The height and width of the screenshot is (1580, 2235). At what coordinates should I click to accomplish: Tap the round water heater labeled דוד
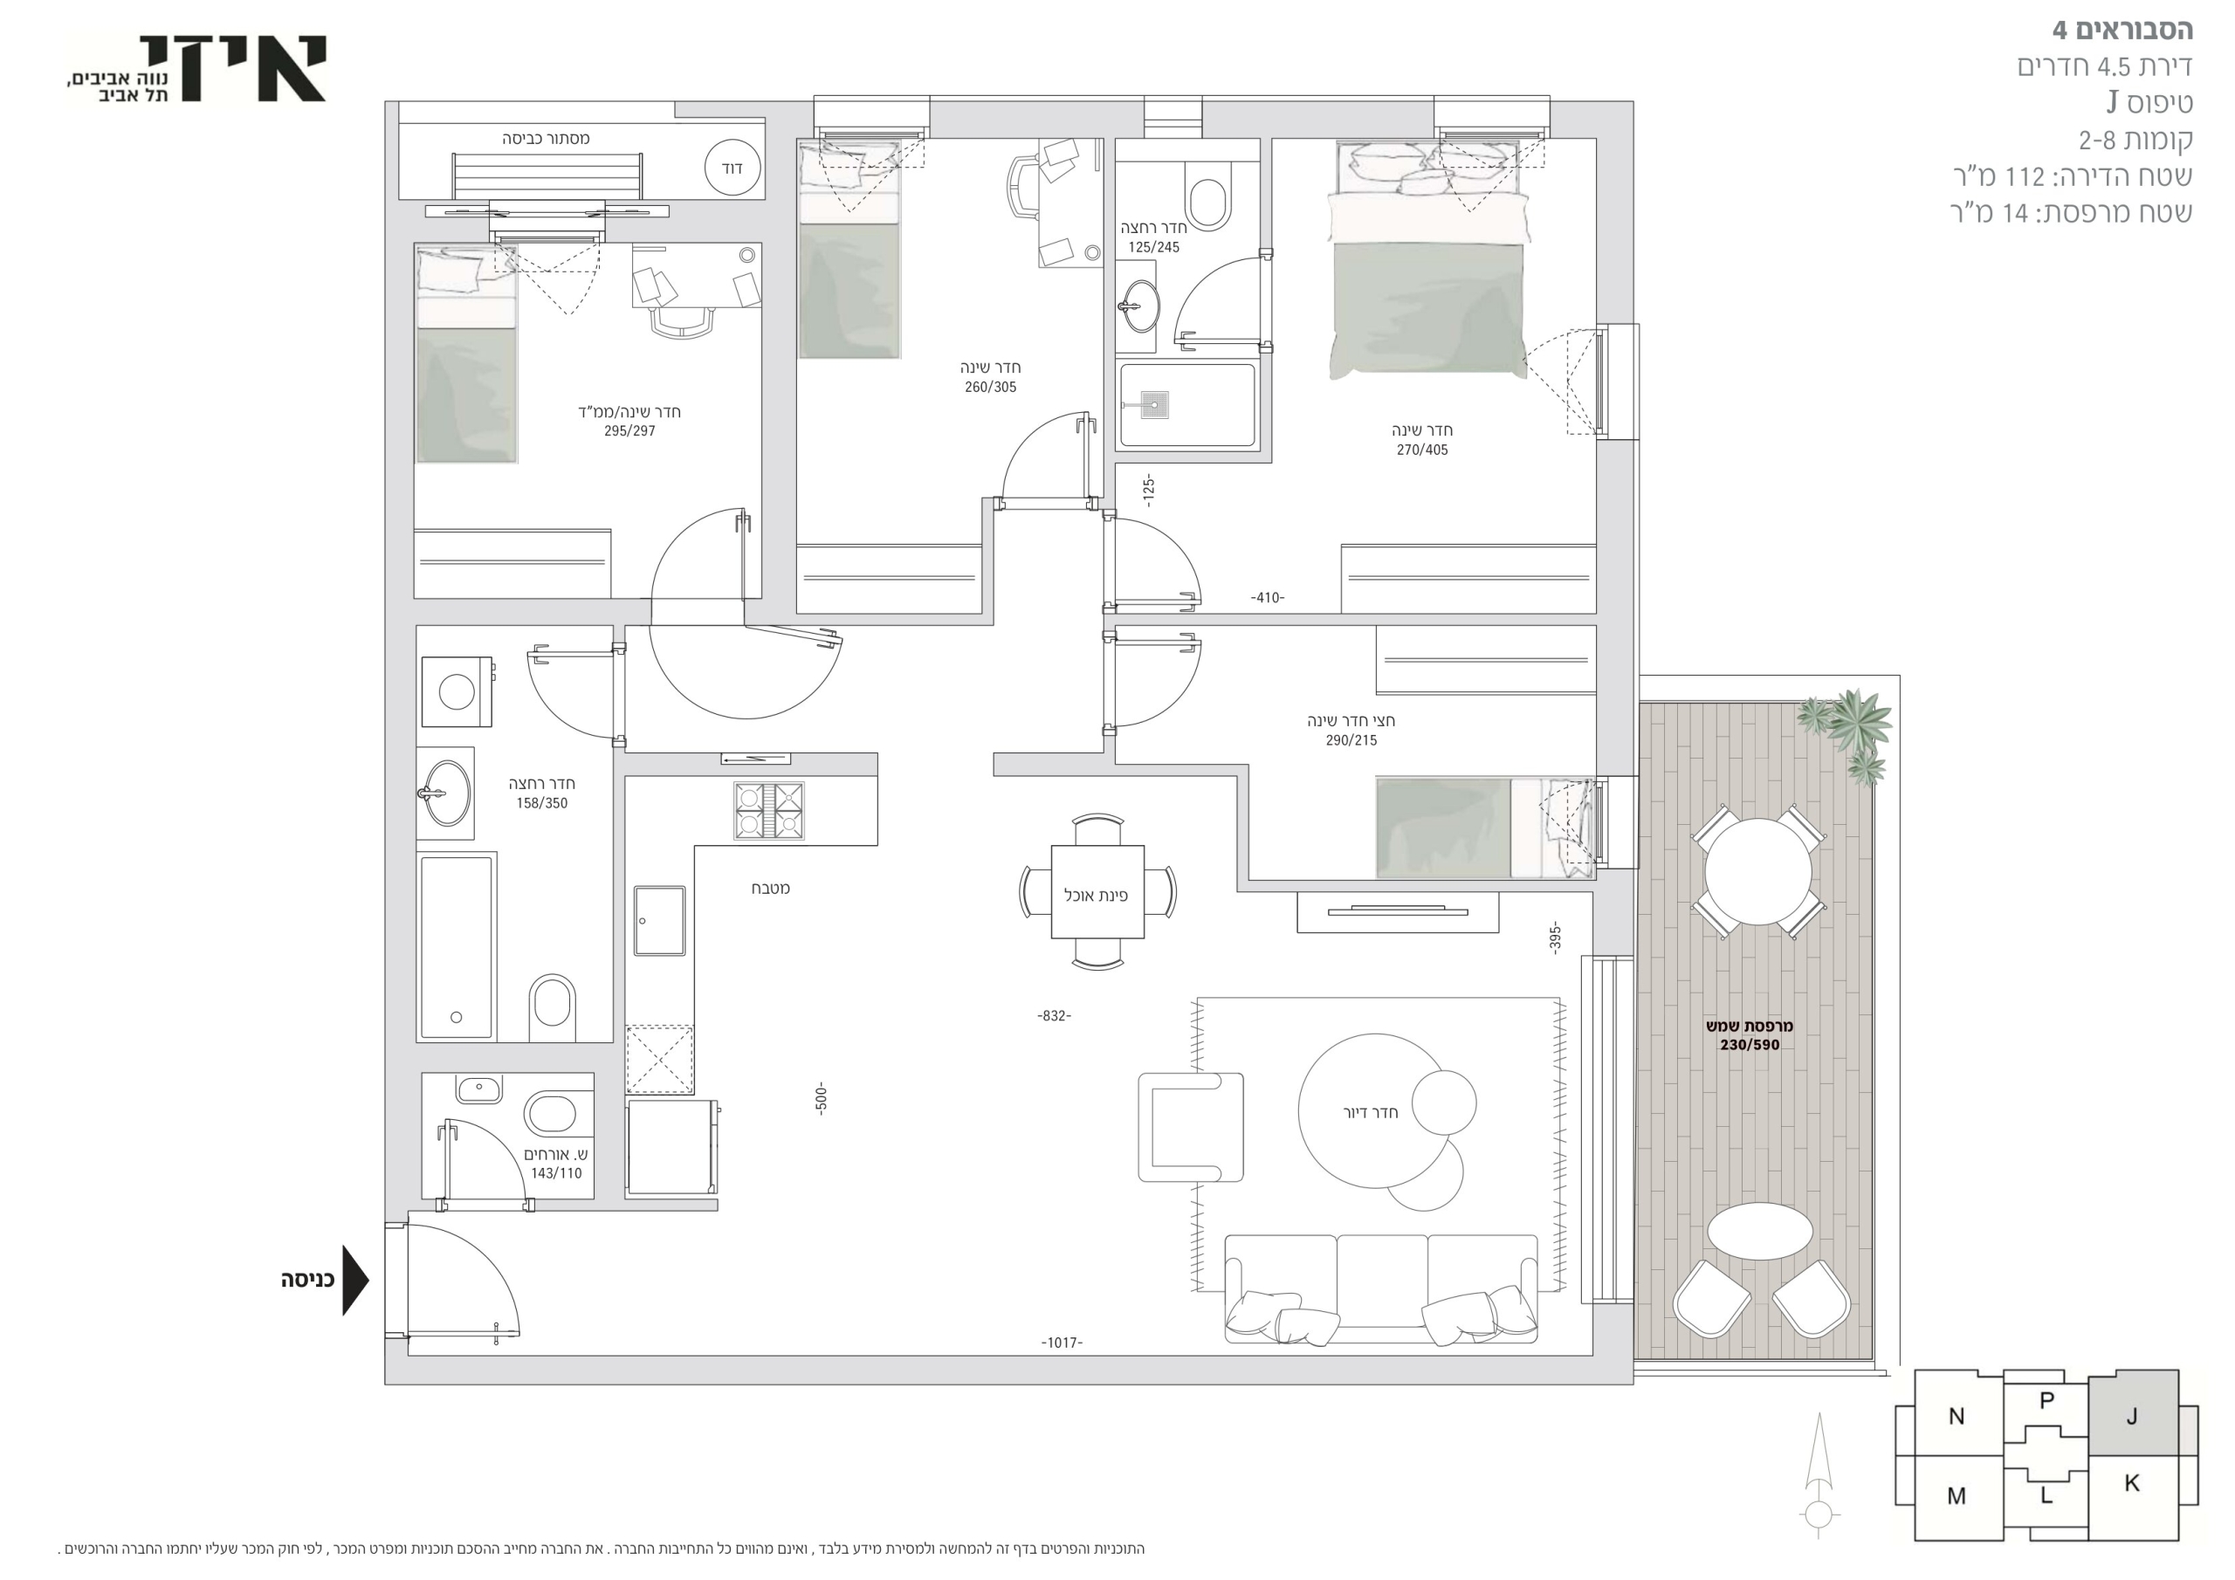tap(732, 168)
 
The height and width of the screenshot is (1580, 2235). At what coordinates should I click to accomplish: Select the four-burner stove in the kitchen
tap(768, 810)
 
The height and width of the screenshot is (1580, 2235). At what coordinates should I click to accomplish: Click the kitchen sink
tap(659, 920)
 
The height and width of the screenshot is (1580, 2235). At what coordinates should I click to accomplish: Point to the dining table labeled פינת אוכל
tap(1097, 893)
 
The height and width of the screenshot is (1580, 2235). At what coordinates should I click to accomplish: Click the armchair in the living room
tap(1191, 1126)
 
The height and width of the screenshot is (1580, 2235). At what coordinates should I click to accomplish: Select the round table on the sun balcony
tap(1758, 871)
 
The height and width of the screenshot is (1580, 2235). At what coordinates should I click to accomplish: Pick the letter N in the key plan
tap(1956, 1417)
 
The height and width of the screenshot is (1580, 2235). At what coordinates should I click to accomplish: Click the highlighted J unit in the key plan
tap(2132, 1413)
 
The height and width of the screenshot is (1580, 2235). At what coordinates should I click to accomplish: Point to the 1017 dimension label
tap(1061, 1343)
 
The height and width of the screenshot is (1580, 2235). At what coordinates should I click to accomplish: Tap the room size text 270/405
tap(1421, 450)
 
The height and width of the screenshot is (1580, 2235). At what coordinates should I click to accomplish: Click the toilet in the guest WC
tap(550, 1115)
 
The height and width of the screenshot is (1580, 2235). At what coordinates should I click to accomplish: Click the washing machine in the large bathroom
tap(457, 691)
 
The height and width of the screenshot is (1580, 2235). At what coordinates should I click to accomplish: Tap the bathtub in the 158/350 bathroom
tap(457, 947)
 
